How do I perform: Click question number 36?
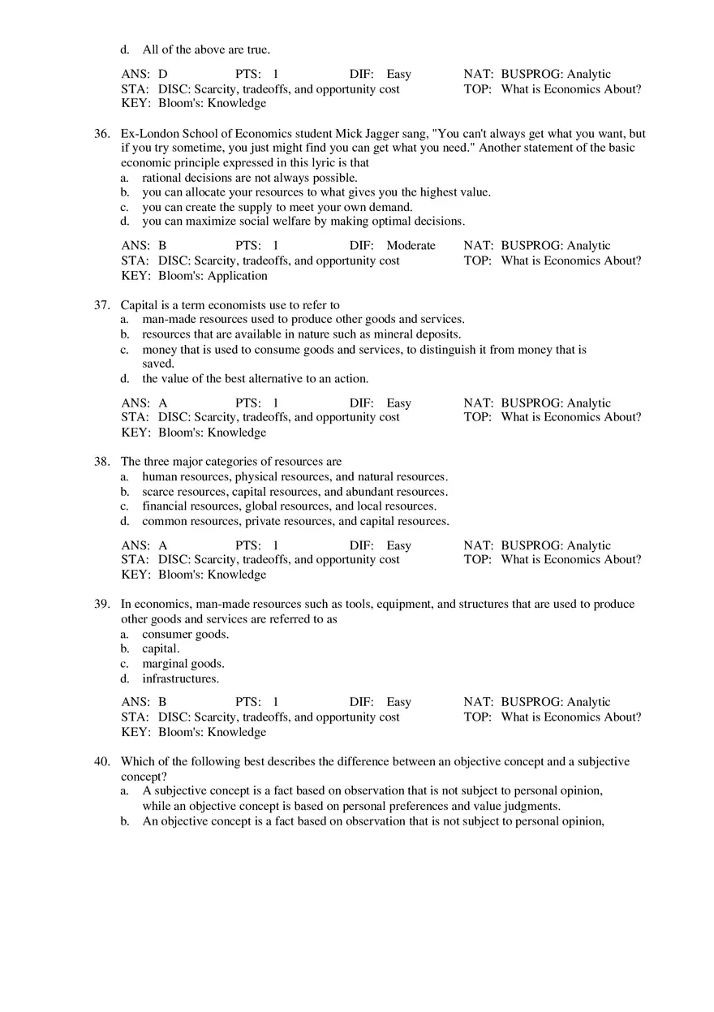101,134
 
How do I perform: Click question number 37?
101,305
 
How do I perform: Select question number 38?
101,462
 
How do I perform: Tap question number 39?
101,604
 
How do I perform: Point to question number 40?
101,762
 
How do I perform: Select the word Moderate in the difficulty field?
411,246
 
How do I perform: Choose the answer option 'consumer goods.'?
185,634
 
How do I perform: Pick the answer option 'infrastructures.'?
180,678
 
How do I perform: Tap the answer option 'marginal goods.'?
183,664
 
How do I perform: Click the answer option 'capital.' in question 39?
161,649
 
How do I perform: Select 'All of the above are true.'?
206,50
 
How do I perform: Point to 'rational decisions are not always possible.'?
250,178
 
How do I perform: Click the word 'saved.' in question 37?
158,364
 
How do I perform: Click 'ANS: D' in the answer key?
144,75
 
